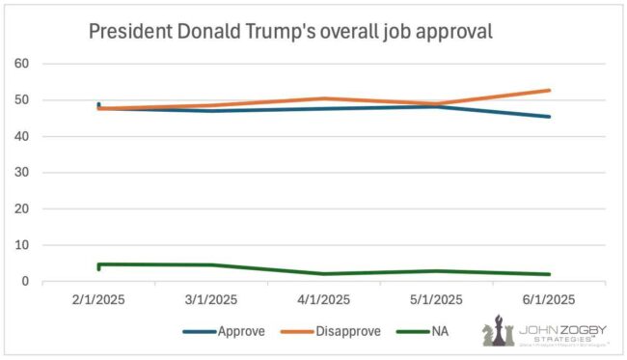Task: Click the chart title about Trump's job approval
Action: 290,31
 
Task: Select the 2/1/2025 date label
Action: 98,300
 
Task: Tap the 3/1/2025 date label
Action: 211,300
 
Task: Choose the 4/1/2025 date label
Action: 324,300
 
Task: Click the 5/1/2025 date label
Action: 437,300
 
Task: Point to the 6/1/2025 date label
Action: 550,300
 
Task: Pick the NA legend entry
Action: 427,331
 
